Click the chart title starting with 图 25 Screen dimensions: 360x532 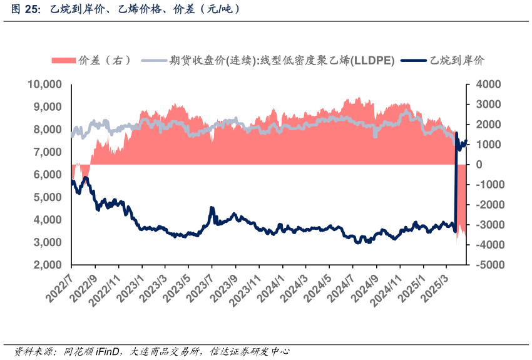[x=126, y=9]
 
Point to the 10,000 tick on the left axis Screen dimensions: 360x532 [x=44, y=85]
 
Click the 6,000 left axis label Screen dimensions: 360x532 [x=47, y=175]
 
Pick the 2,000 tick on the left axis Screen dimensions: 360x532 [x=47, y=265]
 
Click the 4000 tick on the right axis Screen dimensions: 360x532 [x=488, y=85]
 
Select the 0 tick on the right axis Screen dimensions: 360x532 [x=479, y=165]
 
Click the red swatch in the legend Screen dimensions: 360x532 [x=63, y=60]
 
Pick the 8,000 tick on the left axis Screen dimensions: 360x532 [x=47, y=130]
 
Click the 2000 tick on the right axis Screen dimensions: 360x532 [x=488, y=125]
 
